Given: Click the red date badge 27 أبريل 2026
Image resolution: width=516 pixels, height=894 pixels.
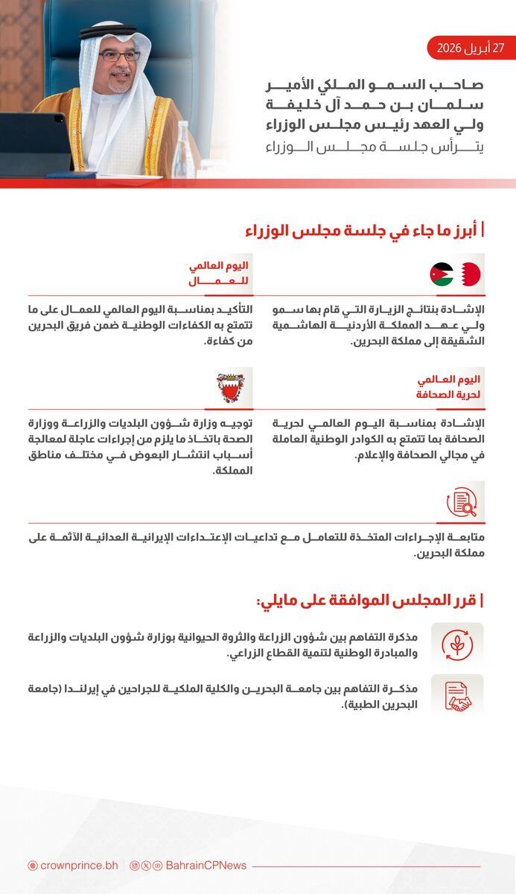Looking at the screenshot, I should (471, 48).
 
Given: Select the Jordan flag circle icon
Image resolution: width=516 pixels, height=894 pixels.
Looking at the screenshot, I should (442, 274).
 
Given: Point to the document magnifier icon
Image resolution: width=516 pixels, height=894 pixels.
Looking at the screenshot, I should (462, 501).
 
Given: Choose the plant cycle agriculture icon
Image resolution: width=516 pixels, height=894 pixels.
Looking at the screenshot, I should (457, 642).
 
